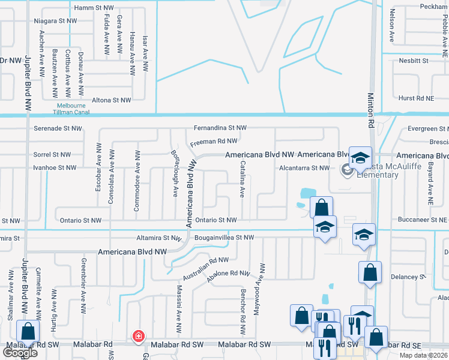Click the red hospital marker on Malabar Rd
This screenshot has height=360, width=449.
[139, 336]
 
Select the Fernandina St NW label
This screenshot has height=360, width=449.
[220, 128]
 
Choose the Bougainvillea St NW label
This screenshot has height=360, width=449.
[224, 238]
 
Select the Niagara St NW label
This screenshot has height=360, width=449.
[56, 20]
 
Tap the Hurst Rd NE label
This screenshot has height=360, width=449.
[415, 98]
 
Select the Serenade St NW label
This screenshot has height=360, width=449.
[58, 128]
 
